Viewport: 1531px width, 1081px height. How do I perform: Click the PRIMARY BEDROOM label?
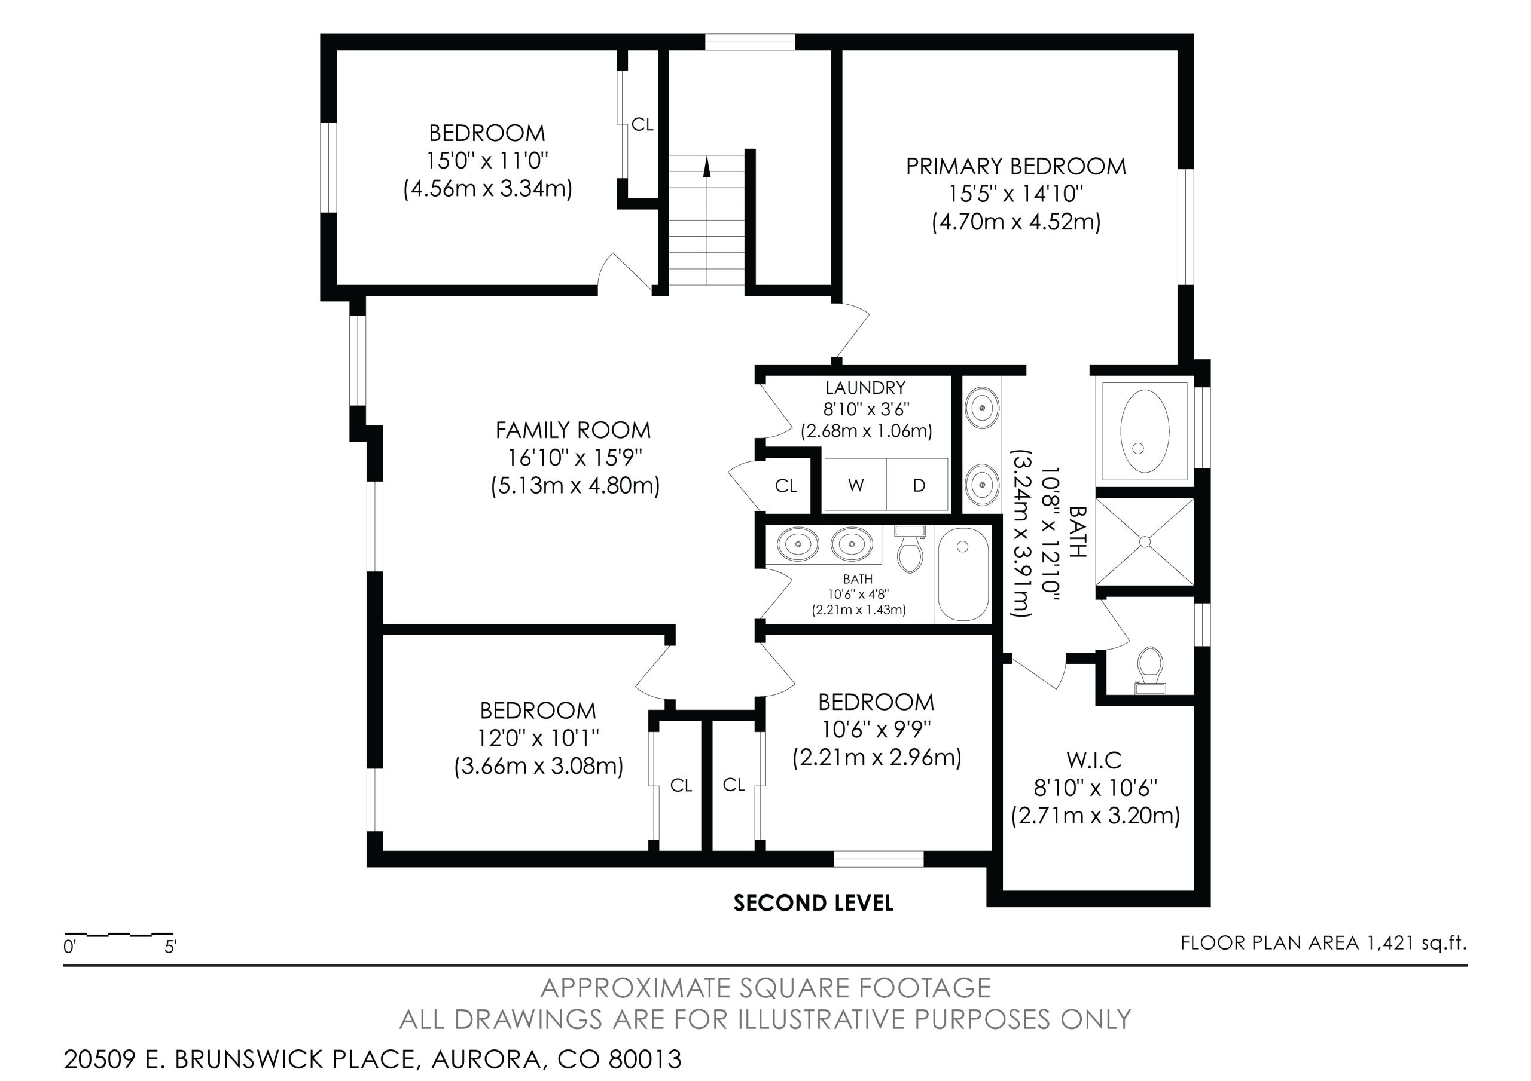pos(1015,166)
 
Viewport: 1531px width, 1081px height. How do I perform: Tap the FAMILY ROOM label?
pos(573,430)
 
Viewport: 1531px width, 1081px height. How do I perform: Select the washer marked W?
pos(856,485)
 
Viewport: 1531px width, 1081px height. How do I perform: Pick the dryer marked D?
pos(917,485)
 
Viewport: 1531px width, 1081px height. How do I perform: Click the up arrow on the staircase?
pos(707,167)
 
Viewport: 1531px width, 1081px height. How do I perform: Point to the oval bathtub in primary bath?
pos(1144,431)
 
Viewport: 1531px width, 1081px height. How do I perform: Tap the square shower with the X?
pos(1145,542)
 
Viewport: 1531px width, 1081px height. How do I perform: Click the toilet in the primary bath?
pos(1150,670)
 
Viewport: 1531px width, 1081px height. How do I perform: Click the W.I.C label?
pos(1094,760)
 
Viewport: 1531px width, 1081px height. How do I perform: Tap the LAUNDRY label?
pos(865,387)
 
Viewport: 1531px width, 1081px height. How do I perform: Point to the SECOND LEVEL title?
pos(813,903)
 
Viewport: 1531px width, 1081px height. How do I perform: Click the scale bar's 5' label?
pos(170,947)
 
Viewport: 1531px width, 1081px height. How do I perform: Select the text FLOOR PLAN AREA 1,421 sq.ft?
pos(1323,942)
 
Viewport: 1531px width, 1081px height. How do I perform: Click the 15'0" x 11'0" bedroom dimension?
pos(487,161)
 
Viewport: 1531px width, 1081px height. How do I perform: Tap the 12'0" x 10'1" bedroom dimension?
pos(538,738)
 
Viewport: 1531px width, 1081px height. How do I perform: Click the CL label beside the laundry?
pos(785,486)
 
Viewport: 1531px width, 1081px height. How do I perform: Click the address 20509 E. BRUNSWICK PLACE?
pos(241,1059)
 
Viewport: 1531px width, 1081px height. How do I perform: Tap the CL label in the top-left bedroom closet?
pos(642,125)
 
